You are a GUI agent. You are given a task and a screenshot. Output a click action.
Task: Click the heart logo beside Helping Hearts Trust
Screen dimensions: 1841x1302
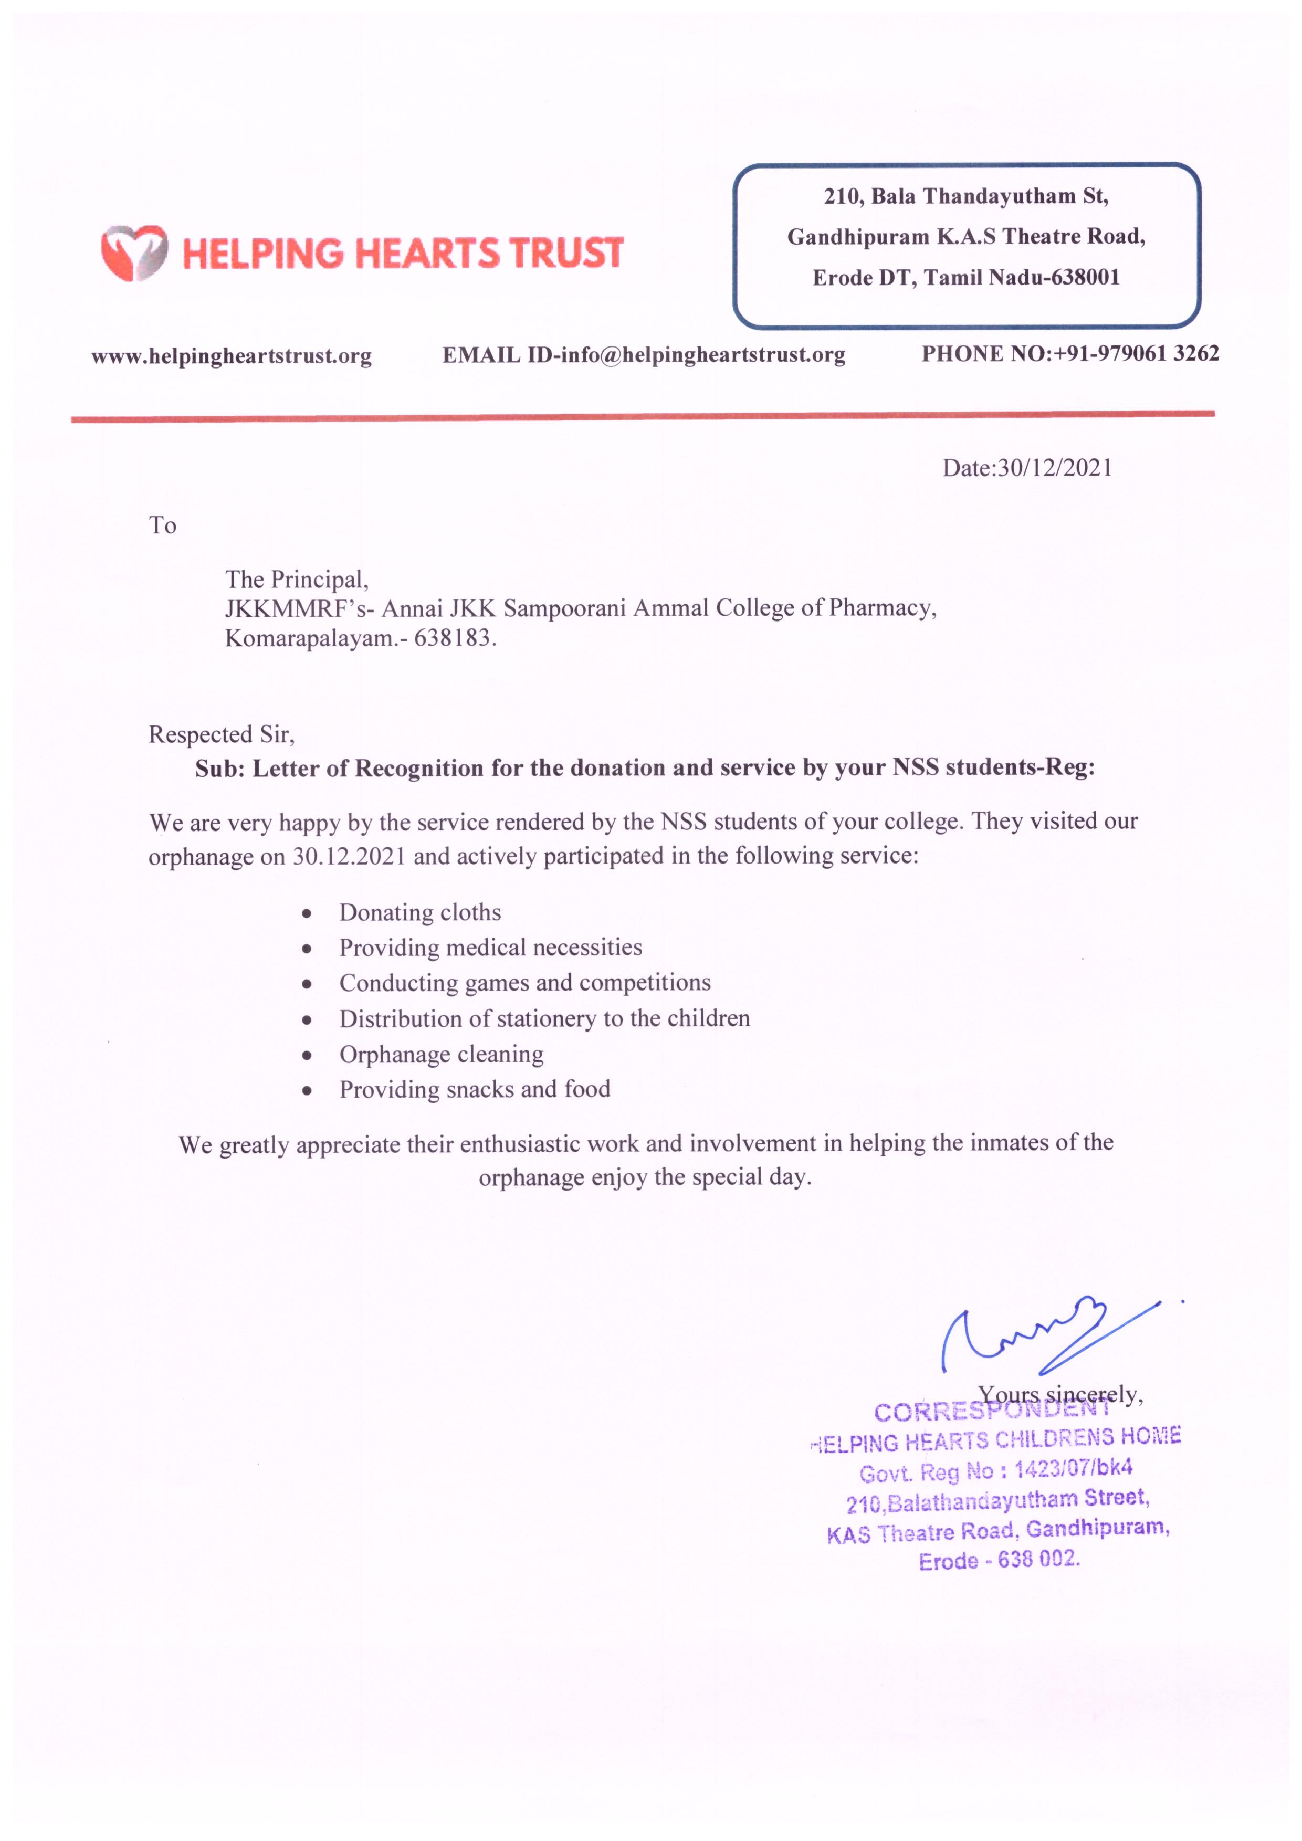(x=134, y=252)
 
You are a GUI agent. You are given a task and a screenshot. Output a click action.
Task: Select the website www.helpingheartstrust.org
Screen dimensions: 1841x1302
(x=231, y=356)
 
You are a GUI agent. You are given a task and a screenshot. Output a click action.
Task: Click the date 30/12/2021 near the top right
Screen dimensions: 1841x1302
(x=1054, y=468)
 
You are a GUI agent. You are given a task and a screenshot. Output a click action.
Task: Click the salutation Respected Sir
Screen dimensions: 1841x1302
(x=221, y=734)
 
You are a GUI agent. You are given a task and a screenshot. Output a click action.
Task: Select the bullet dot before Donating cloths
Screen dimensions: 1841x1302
(x=306, y=913)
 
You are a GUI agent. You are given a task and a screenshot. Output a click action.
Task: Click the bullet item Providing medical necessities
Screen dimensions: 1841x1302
(x=491, y=948)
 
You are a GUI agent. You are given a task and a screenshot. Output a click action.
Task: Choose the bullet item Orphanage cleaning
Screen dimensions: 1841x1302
(x=441, y=1055)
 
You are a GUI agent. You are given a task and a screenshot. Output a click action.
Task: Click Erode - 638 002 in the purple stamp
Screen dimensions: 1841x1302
(x=999, y=1560)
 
